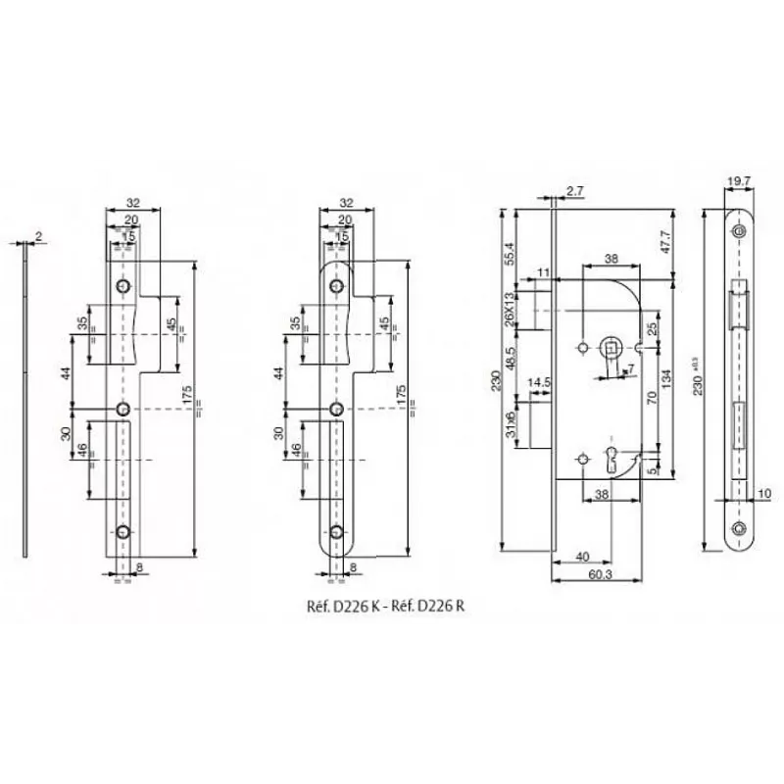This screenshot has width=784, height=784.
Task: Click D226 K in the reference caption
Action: (x=339, y=606)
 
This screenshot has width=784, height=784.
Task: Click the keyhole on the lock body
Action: (x=614, y=457)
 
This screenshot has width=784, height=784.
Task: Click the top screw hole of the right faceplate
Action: (x=739, y=231)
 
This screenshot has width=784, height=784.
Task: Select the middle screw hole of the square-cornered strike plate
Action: (x=123, y=408)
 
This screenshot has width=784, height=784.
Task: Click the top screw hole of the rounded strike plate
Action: (x=336, y=285)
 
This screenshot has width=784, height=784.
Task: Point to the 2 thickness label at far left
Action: (x=37, y=235)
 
